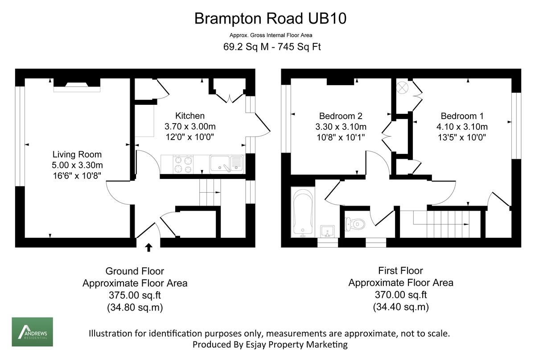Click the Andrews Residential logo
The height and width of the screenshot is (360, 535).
click(32, 332)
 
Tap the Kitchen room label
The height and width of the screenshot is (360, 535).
click(190, 116)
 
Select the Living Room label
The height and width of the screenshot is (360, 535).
click(77, 155)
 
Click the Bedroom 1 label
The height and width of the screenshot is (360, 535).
click(462, 115)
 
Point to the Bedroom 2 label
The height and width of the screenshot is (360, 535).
click(341, 115)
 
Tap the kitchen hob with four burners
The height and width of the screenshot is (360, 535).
click(184, 164)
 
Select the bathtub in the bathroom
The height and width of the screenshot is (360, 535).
click(303, 212)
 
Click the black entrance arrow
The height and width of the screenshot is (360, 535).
click(148, 247)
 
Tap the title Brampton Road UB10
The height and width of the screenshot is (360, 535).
click(271, 19)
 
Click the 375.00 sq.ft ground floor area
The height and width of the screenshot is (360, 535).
click(135, 295)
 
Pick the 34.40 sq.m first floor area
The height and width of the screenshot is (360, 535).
click(400, 307)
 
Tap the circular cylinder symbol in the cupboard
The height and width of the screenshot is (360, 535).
click(402, 87)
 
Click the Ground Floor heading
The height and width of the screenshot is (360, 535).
click(135, 271)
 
